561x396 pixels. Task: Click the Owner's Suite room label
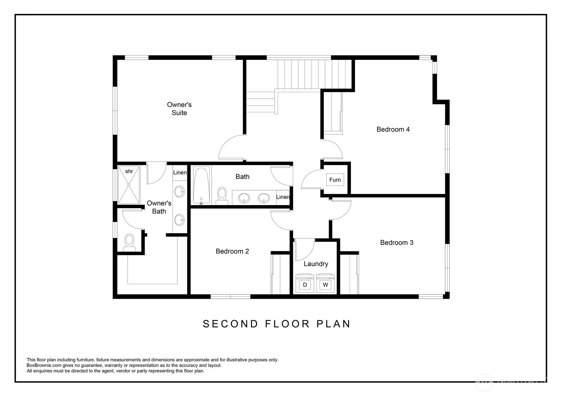click(179, 109)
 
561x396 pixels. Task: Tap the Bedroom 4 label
click(393, 129)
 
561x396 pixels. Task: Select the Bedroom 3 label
click(397, 243)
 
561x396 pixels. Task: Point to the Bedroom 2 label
click(233, 251)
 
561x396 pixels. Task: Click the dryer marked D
click(305, 283)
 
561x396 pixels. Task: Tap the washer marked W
click(325, 283)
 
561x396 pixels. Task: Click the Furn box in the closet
click(335, 180)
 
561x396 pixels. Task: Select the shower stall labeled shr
click(129, 185)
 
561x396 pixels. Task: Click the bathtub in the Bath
click(202, 185)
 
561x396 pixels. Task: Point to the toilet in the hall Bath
click(222, 196)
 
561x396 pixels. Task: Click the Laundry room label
click(316, 264)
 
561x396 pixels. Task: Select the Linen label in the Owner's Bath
click(180, 172)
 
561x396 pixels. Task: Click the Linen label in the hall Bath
click(283, 197)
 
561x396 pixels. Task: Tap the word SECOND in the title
click(230, 324)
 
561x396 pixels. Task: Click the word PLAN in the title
click(333, 324)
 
